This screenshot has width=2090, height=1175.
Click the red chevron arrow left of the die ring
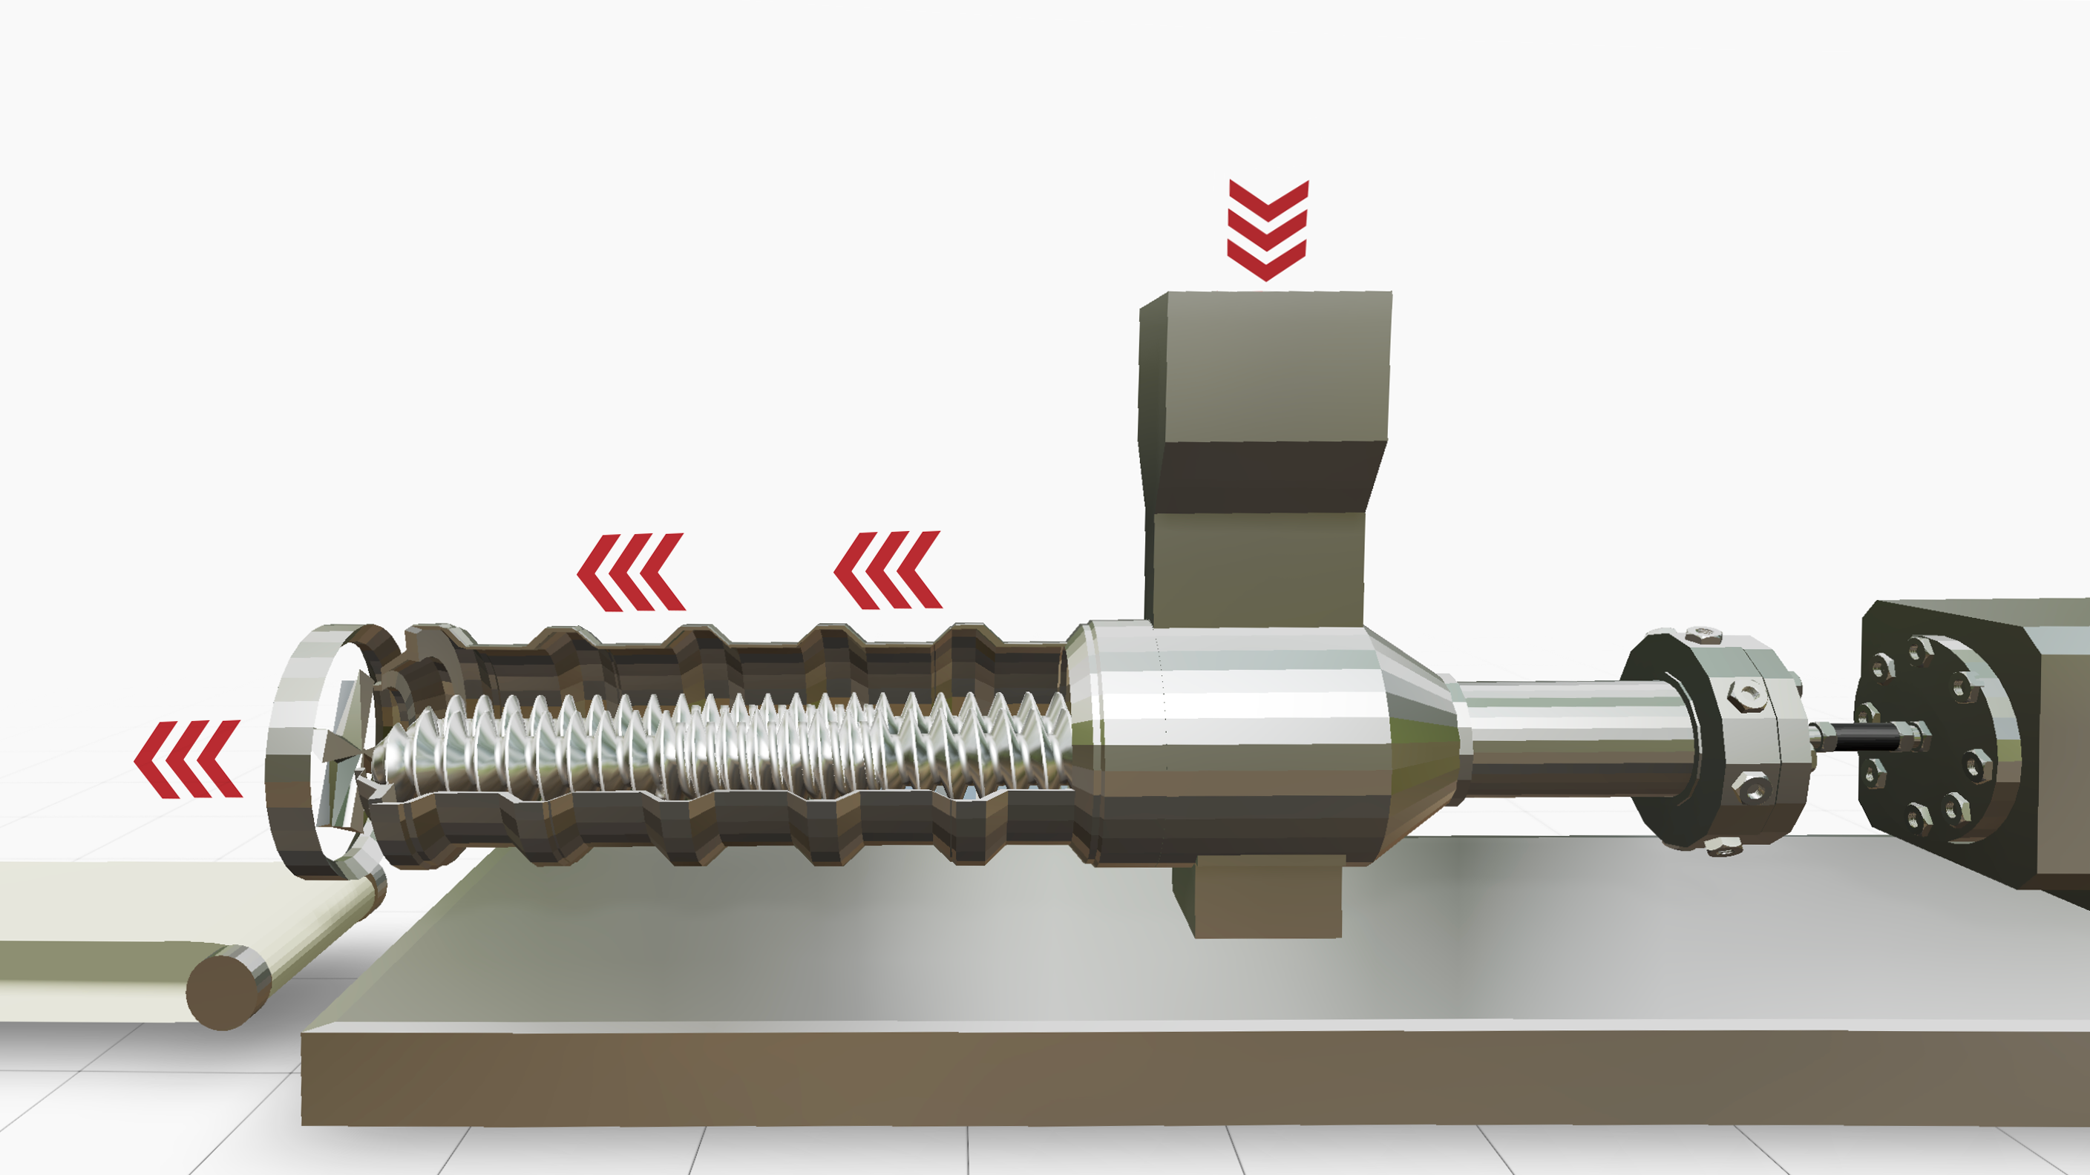pos(189,759)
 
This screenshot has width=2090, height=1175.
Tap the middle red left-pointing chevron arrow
pos(631,572)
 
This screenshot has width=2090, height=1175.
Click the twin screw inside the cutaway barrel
pos(730,742)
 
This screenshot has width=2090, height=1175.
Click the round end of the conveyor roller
pos(220,992)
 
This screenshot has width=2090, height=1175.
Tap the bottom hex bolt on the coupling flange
pos(1722,848)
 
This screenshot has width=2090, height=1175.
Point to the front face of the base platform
pos(1136,1079)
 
